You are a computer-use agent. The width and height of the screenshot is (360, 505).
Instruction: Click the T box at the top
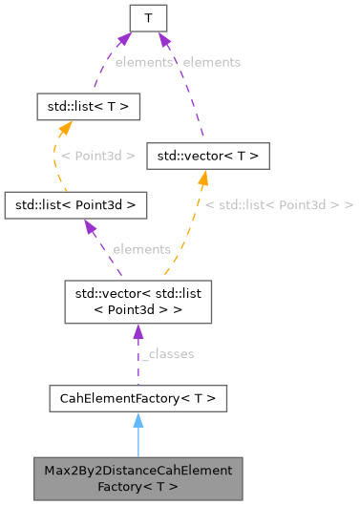[148, 17]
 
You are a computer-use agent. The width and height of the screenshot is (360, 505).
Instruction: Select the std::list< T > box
[88, 105]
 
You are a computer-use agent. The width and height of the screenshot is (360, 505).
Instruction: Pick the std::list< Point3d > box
[75, 204]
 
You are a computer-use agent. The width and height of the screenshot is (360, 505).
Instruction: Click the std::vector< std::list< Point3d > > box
[137, 301]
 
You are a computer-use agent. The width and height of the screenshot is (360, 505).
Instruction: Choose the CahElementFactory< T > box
[138, 397]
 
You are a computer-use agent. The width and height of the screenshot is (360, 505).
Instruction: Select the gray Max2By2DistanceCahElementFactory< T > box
[138, 477]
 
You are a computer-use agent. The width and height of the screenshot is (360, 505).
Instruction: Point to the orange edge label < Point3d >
[97, 155]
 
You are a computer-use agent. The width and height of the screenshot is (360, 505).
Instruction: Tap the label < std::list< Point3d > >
[279, 204]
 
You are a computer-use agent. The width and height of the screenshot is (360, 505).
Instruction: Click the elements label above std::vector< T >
[211, 61]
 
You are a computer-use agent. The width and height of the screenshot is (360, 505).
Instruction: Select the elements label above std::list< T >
[144, 61]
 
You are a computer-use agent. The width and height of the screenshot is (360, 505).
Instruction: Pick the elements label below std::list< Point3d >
[141, 249]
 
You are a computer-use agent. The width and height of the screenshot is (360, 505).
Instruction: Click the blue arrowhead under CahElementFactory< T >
[138, 419]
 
